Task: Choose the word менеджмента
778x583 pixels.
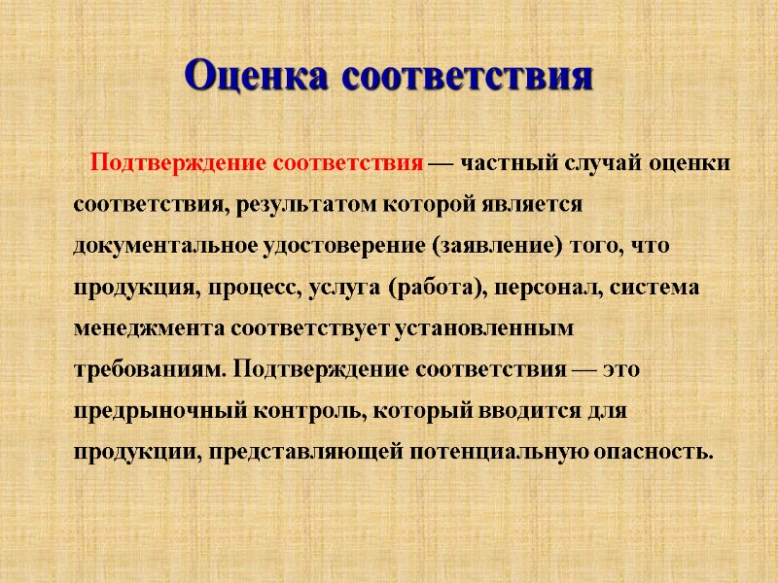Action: click(x=151, y=330)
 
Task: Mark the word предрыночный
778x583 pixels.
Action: click(x=159, y=412)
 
